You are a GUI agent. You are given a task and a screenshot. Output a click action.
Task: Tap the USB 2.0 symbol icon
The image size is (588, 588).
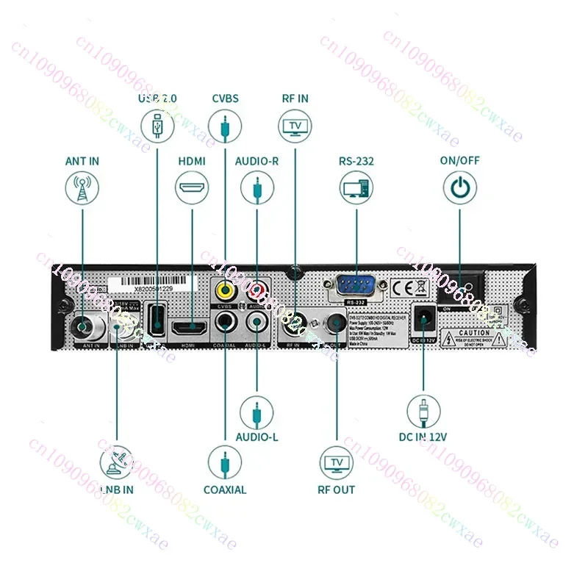click(157, 124)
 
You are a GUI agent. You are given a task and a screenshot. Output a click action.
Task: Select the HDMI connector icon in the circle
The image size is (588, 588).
click(191, 188)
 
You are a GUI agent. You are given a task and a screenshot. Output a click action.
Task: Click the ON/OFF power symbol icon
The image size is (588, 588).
click(459, 188)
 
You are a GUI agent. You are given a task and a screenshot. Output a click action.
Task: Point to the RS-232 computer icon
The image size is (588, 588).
click(356, 188)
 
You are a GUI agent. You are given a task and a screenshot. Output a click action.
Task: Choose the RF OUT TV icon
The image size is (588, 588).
click(337, 463)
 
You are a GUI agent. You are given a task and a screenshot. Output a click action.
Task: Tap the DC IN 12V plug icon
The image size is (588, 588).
click(424, 411)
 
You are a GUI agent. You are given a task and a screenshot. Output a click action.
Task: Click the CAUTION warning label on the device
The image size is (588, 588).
click(475, 337)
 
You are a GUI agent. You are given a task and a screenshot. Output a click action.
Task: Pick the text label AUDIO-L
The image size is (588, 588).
click(257, 437)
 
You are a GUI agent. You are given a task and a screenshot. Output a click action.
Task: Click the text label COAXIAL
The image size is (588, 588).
click(225, 490)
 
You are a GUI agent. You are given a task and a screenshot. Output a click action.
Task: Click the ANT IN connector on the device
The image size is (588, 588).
click(82, 324)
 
